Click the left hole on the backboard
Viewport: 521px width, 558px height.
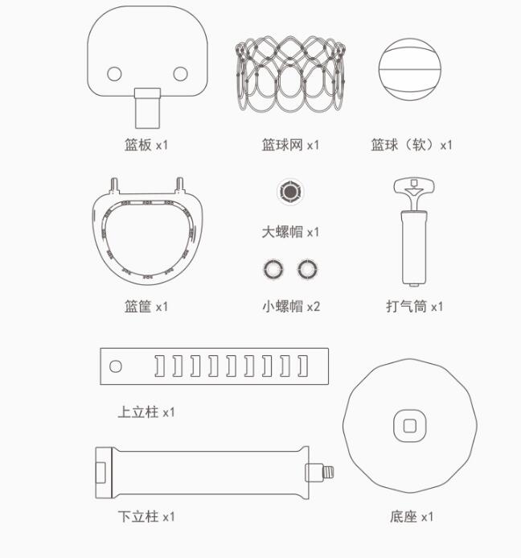(x=114, y=73)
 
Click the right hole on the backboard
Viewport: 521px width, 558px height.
(x=181, y=73)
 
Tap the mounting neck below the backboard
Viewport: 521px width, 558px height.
(x=147, y=108)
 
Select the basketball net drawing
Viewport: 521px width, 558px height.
(x=290, y=74)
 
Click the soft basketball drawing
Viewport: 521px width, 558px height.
(x=410, y=69)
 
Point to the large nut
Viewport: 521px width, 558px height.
(x=290, y=192)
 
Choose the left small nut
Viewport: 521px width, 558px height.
(x=273, y=269)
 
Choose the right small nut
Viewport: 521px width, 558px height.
(x=307, y=269)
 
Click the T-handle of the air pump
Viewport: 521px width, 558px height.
(x=414, y=188)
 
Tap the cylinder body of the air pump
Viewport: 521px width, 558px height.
(x=414, y=248)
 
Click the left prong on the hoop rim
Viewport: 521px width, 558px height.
(x=114, y=185)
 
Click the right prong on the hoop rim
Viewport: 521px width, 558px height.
(x=180, y=185)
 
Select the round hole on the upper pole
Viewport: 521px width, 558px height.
(x=116, y=366)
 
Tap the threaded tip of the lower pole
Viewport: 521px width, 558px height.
(x=328, y=473)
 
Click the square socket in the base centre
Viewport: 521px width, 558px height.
(x=410, y=426)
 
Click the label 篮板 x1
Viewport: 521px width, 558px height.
(x=146, y=145)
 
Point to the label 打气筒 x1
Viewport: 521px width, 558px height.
(x=415, y=307)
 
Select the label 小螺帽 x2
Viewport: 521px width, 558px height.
(x=291, y=306)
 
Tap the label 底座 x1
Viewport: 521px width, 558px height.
(x=412, y=516)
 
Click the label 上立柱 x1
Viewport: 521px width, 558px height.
(x=146, y=412)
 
